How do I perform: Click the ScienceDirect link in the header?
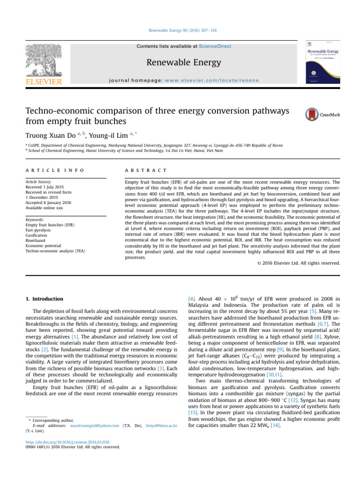[215, 46]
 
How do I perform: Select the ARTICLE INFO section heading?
[54, 172]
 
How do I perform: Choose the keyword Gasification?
[37, 235]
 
